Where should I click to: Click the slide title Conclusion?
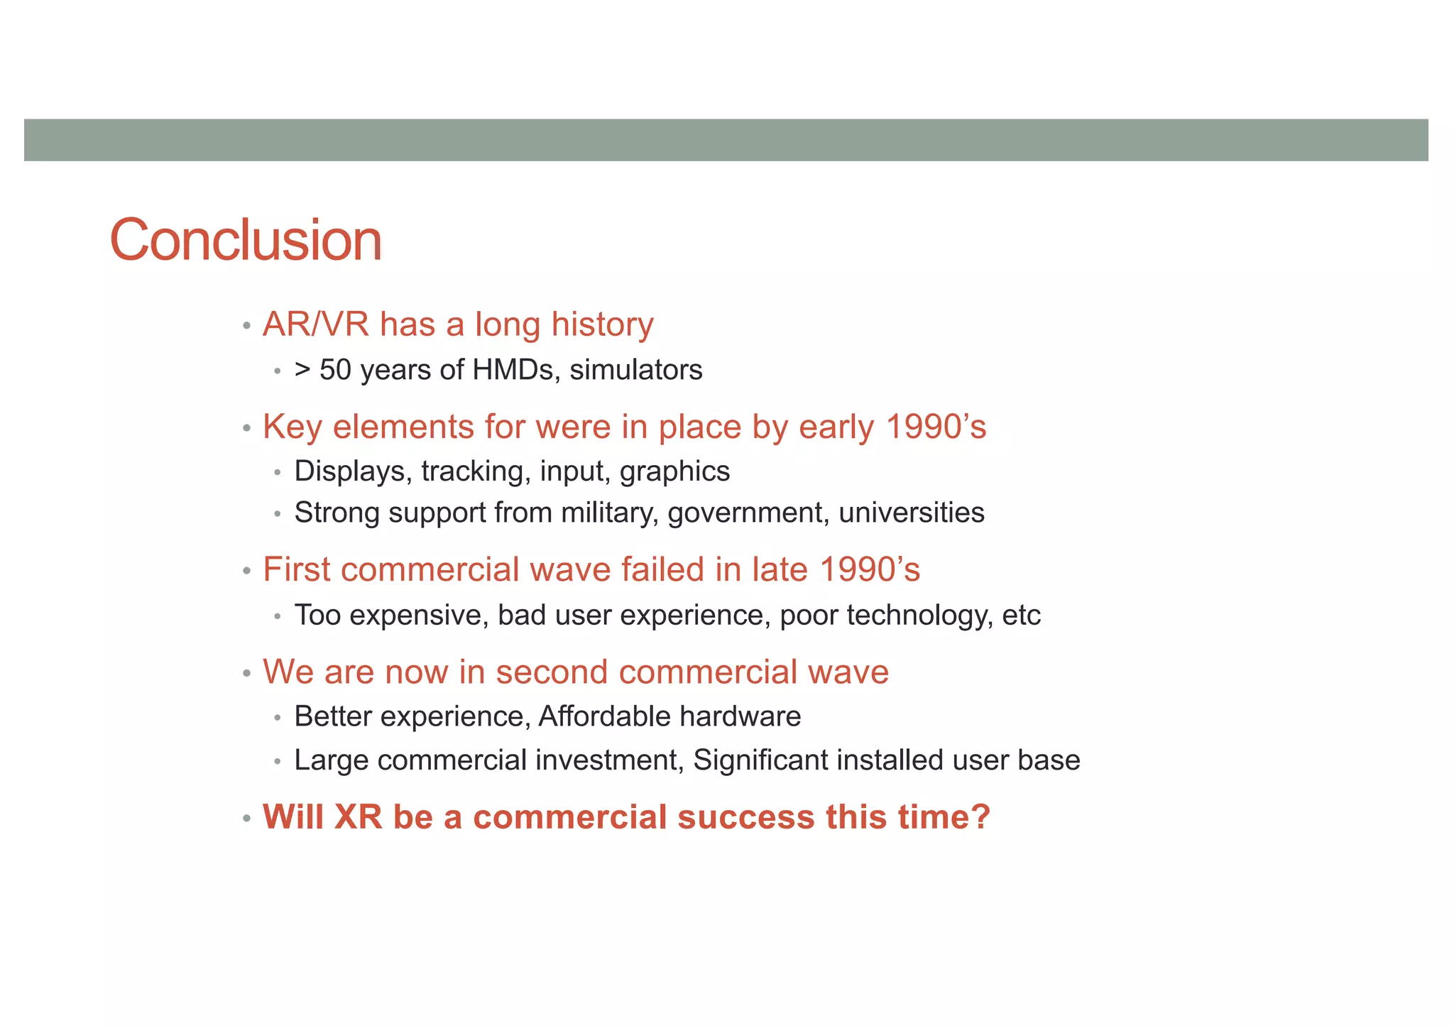point(246,241)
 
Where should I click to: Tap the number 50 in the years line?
point(335,370)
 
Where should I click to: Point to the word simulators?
point(636,370)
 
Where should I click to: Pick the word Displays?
point(353,471)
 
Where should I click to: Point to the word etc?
point(1021,615)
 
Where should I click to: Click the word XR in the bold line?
point(359,816)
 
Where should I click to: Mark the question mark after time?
point(980,816)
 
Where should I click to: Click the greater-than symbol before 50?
point(302,370)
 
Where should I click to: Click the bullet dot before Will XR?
point(246,819)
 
